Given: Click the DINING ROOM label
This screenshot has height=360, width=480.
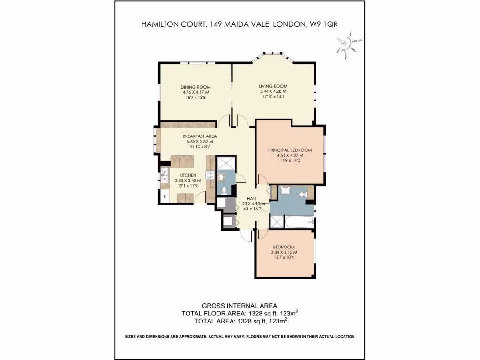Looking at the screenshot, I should tap(196, 87).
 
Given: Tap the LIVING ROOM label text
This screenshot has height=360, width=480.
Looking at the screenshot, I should tap(273, 86).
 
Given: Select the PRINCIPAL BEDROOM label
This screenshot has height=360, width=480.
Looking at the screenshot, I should tap(290, 150).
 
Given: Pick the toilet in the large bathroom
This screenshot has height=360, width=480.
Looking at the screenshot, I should tap(303, 193).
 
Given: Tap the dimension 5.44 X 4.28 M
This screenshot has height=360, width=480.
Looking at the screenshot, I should tap(273, 91).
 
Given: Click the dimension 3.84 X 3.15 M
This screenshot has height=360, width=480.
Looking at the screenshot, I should tap(284, 252).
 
